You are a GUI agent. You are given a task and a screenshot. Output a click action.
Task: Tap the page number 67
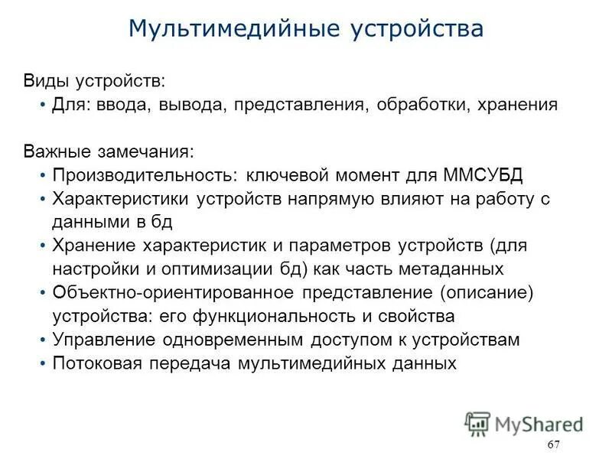pyautogui.click(x=555, y=445)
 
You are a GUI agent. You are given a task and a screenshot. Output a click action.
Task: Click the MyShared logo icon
pyautogui.click(x=477, y=423)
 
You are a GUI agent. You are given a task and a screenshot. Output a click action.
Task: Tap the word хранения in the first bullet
pyautogui.click(x=516, y=105)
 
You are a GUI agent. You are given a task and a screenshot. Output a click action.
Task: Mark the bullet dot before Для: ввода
pyautogui.click(x=42, y=105)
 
